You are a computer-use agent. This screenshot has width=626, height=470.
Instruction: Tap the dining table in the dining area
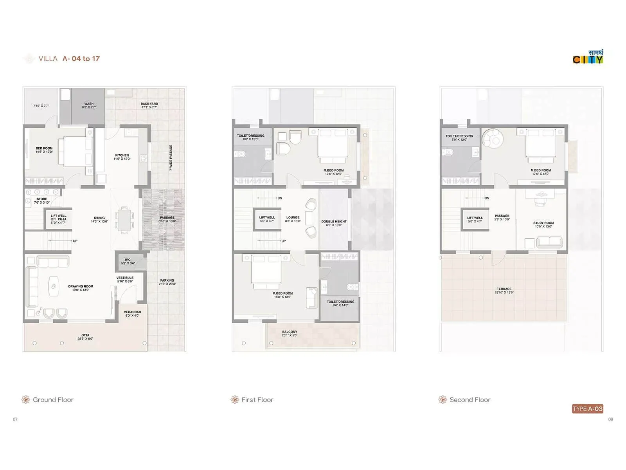124,220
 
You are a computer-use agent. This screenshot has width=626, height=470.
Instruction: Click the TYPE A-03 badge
587,409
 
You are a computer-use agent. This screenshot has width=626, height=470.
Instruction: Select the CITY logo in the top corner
588,57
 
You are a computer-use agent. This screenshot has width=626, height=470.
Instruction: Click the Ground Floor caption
53,399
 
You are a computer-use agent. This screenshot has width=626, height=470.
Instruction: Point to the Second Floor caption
469,399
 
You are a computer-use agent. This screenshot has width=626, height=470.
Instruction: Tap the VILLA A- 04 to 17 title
69,59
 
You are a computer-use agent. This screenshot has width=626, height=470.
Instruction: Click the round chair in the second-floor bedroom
493,138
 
